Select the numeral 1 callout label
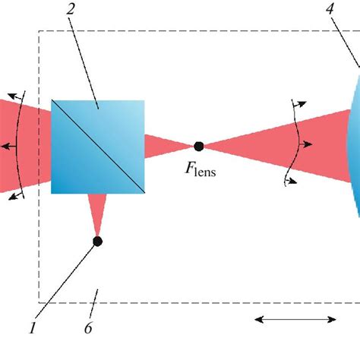click(x=32, y=328)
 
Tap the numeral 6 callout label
click(x=89, y=328)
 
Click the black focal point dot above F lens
click(x=199, y=146)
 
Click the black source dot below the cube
click(x=97, y=242)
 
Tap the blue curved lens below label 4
click(x=352, y=144)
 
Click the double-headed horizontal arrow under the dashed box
click(x=295, y=320)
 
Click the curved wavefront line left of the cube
click(x=23, y=144)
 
